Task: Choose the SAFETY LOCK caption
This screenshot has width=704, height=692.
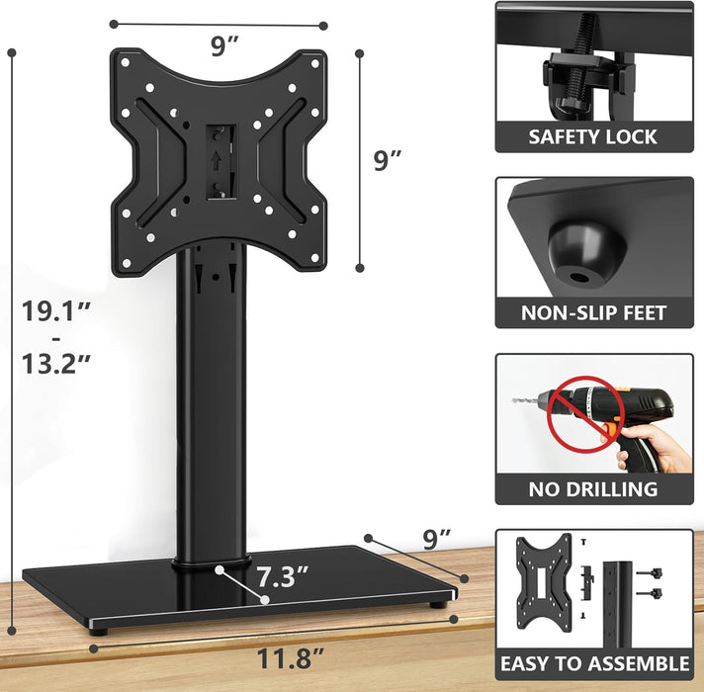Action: click(593, 136)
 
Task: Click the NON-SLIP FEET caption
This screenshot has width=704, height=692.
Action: click(593, 313)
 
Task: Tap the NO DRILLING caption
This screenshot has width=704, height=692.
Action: click(593, 488)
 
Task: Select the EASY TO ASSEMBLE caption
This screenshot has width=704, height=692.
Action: click(593, 663)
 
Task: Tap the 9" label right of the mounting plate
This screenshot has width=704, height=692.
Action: click(388, 161)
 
